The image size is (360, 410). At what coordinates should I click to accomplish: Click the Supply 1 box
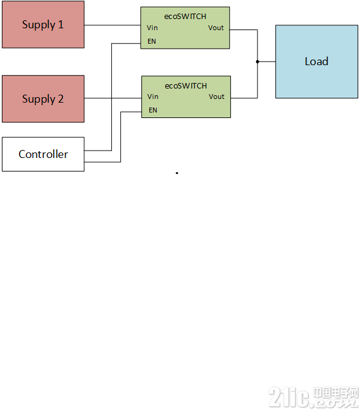click(x=43, y=25)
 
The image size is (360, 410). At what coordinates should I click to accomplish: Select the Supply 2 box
click(x=43, y=99)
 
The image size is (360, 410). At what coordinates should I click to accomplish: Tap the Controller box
click(x=43, y=154)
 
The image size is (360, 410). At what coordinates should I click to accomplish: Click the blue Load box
click(x=316, y=61)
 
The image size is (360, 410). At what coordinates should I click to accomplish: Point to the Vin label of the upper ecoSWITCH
click(x=152, y=28)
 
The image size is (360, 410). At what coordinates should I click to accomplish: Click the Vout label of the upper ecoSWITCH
click(x=216, y=28)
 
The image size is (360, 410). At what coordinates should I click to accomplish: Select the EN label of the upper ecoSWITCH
click(x=152, y=41)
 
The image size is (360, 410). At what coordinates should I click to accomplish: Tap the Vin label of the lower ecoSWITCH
click(x=152, y=97)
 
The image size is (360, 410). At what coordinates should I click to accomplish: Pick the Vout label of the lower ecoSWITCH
click(x=216, y=97)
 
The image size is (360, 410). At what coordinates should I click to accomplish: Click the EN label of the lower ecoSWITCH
click(x=153, y=110)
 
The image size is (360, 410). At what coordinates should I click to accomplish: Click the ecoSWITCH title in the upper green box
click(x=186, y=17)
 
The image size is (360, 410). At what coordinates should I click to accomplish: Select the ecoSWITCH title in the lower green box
click(x=186, y=86)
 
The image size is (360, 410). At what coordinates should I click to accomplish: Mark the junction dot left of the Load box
click(x=257, y=61)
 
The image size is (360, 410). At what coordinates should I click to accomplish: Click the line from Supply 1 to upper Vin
click(x=112, y=25)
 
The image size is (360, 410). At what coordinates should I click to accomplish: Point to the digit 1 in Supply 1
click(x=61, y=25)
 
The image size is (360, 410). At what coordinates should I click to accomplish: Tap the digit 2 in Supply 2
click(x=61, y=99)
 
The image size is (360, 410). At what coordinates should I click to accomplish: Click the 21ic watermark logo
click(x=313, y=397)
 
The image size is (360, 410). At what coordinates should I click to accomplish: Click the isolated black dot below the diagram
click(x=177, y=173)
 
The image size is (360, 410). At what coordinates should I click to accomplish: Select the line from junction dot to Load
click(x=267, y=61)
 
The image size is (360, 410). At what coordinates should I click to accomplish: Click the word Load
click(x=316, y=61)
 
